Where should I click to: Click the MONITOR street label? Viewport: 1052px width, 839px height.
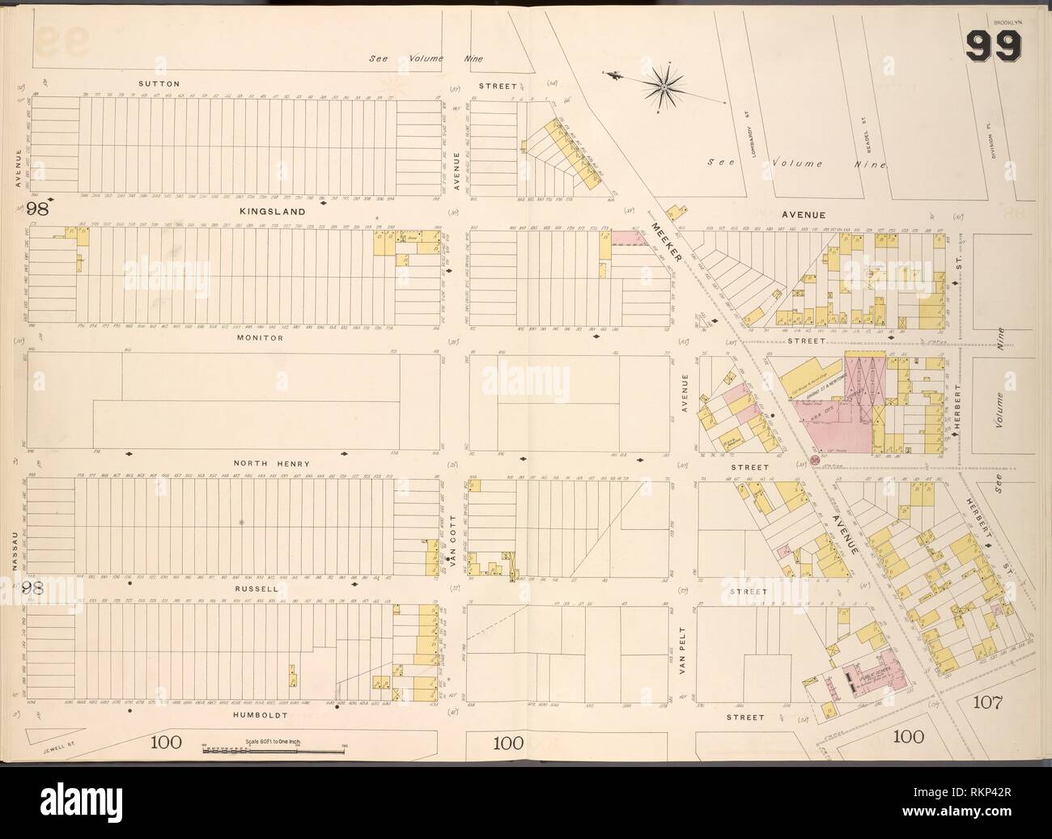pyautogui.click(x=260, y=337)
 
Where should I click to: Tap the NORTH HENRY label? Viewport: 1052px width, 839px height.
pyautogui.click(x=272, y=463)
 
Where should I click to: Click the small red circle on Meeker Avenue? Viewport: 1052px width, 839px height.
pyautogui.click(x=812, y=460)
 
